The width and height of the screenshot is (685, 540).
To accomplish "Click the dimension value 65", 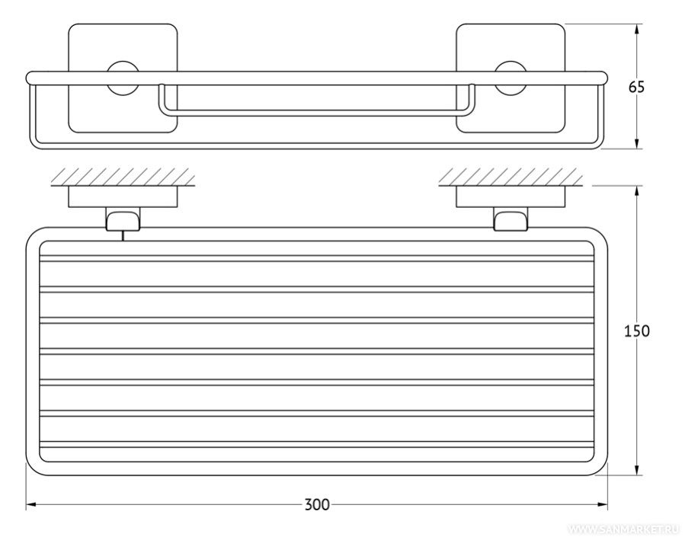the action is (636, 88).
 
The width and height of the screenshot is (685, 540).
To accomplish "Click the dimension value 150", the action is (636, 331).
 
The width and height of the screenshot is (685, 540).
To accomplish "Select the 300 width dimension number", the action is (317, 505).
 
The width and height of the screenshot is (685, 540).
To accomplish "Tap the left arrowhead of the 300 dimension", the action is (30, 506).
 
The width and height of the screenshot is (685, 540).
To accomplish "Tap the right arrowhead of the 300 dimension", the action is (603, 506).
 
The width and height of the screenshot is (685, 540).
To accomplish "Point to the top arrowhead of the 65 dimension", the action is (637, 29).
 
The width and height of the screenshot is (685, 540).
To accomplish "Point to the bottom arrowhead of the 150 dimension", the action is (637, 470).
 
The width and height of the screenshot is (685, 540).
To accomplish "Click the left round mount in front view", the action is (123, 78).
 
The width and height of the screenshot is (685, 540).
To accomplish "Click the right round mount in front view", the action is (511, 78).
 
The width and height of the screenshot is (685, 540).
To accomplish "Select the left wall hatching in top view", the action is (123, 177).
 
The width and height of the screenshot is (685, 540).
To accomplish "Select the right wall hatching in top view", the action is (511, 177).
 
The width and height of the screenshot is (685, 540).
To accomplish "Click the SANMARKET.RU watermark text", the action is (623, 529).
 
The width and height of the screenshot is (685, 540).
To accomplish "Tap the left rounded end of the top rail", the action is (30, 78).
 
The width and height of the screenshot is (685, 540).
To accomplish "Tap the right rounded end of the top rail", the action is (603, 78).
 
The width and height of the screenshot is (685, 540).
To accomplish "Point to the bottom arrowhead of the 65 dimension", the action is (637, 144).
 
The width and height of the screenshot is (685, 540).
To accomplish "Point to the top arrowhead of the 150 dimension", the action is (637, 190).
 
